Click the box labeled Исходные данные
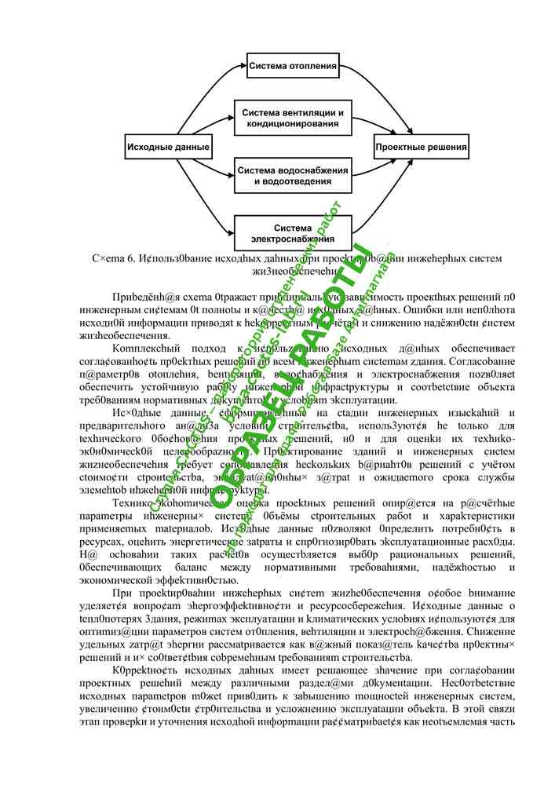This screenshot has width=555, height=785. [169, 147]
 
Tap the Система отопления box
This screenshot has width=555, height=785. [293, 66]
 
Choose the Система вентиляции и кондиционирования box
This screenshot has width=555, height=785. [293, 119]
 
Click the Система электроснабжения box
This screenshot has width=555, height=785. [293, 233]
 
